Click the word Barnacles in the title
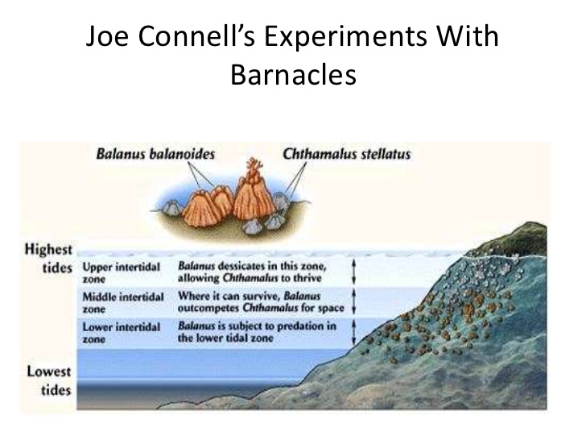click(293, 74)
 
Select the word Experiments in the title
click(345, 37)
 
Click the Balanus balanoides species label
click(155, 154)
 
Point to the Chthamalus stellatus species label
click(346, 154)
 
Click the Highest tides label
click(48, 258)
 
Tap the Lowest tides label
click(49, 380)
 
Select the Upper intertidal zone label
click(121, 272)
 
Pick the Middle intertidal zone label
click(123, 303)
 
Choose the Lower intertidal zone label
click(121, 333)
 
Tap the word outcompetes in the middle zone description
click(208, 309)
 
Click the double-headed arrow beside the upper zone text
click(354, 272)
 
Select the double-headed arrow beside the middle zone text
click(354, 301)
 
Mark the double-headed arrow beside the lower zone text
click(354, 332)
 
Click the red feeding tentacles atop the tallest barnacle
click(254, 168)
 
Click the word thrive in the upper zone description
click(307, 278)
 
